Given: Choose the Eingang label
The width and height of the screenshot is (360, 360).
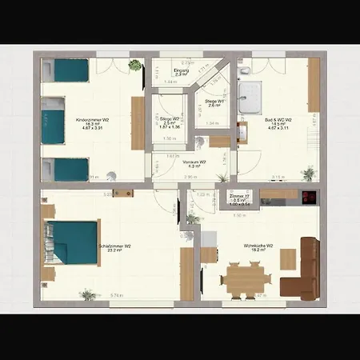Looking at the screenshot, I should point(182,72).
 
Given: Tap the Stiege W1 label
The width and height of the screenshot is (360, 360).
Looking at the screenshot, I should point(213,102).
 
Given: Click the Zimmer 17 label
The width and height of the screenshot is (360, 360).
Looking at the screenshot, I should point(240,197).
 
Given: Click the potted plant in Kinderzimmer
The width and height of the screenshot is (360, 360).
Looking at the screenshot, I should point(135,66).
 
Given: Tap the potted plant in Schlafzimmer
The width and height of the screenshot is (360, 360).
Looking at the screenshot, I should point(87,295).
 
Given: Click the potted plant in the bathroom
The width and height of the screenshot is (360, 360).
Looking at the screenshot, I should point(308,172).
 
